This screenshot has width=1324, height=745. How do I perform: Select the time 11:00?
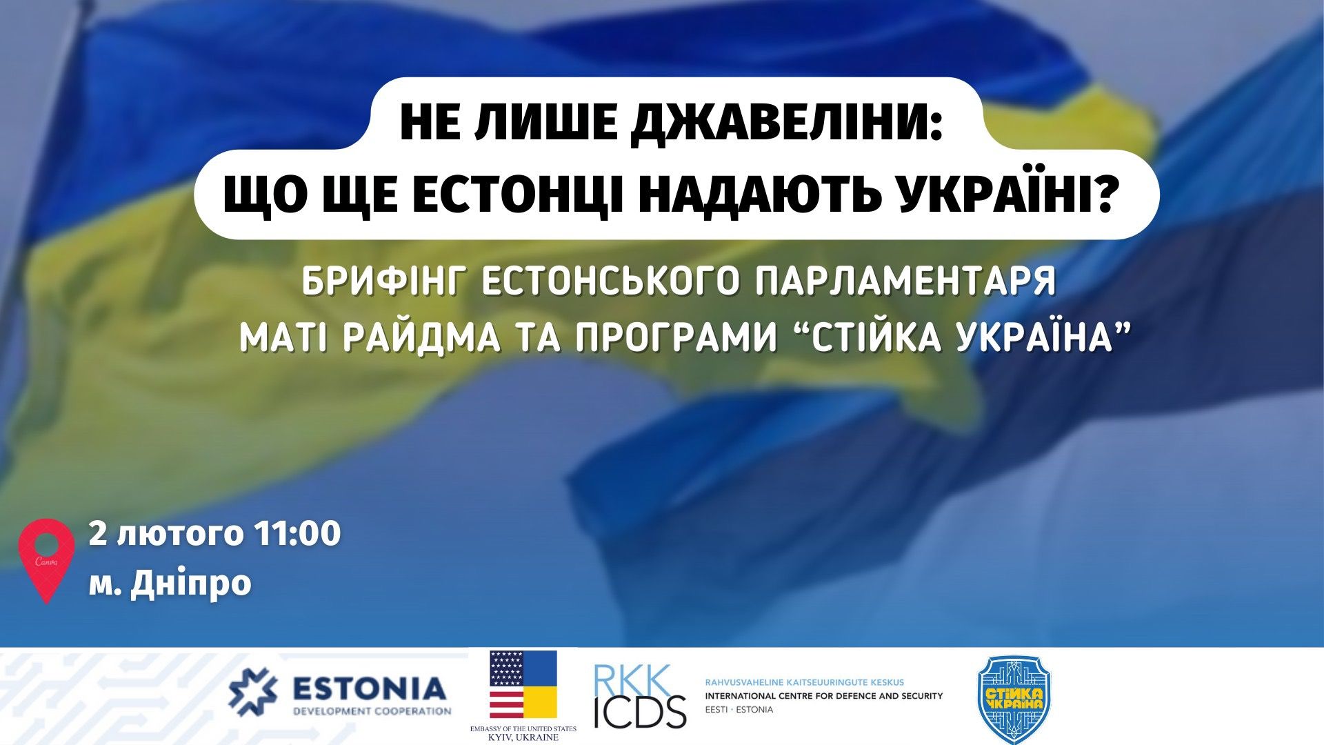297,534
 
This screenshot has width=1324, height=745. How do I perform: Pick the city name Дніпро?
190,584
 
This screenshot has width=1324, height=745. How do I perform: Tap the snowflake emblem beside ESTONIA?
252,692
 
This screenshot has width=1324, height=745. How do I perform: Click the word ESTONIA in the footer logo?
369,688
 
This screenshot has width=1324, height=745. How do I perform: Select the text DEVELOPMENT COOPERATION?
372,711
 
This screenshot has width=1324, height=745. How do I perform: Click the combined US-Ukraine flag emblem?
523,684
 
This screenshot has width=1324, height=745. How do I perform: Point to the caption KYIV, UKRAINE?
523,737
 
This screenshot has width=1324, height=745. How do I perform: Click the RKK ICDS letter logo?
639,696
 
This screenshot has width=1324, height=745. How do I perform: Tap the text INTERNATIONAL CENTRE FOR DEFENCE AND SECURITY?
823,696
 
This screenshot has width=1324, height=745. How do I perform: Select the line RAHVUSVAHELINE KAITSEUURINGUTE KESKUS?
804,682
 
